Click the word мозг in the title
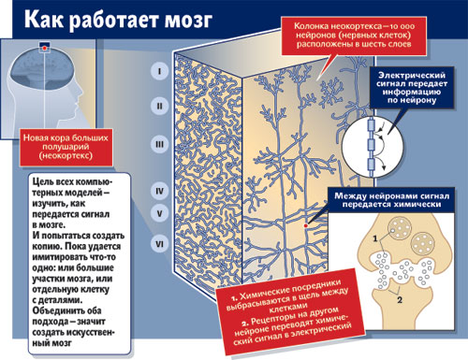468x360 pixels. point(189,20)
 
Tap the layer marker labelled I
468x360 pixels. point(159,71)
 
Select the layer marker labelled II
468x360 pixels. point(159,106)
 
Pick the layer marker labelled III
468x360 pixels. point(159,144)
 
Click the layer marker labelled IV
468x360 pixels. point(159,191)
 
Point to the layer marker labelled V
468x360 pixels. point(159,213)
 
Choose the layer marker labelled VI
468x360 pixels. point(159,243)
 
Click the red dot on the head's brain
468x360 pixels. point(44,49)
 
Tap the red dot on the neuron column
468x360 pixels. point(306,225)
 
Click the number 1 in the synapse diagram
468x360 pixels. point(375,238)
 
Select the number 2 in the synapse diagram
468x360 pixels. point(400,300)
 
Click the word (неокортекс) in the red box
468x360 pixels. point(66,155)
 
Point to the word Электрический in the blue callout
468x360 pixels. point(412,75)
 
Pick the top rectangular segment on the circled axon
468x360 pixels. point(371,125)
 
